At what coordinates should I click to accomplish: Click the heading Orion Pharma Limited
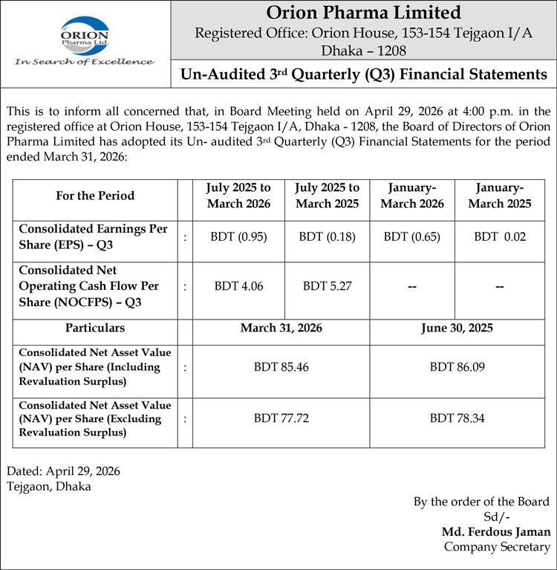click(363, 13)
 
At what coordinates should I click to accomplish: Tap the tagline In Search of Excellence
click(84, 62)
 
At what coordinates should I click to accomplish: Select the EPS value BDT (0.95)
click(238, 237)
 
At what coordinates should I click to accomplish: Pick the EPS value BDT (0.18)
click(327, 237)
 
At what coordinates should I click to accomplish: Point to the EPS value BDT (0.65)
click(412, 237)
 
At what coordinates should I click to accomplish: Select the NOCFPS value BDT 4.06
click(238, 286)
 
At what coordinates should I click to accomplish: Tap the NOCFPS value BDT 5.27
click(327, 286)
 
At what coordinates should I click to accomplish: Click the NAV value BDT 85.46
click(281, 366)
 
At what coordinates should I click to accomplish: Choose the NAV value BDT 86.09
click(457, 366)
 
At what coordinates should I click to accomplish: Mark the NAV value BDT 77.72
click(281, 418)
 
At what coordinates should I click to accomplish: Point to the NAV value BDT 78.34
click(457, 418)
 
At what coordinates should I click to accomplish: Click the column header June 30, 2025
click(457, 328)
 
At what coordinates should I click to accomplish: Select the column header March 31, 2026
click(281, 328)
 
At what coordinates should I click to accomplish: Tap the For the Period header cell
click(95, 196)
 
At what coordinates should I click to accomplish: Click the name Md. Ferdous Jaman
click(496, 531)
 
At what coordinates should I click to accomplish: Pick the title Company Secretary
click(497, 546)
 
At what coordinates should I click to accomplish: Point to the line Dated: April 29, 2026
click(63, 471)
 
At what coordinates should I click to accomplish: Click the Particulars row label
click(95, 328)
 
